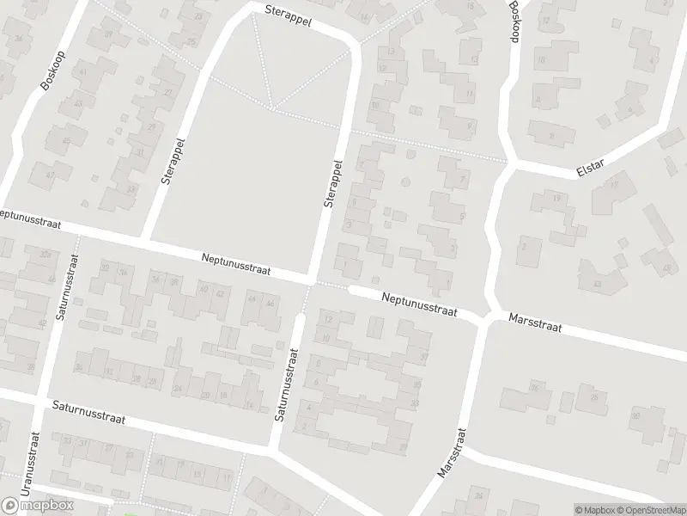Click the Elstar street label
coord(590,170)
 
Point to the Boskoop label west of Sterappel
coord(51,69)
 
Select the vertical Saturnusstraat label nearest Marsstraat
coord(286,384)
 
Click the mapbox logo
coord(38,505)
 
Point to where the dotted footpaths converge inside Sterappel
coord(273,108)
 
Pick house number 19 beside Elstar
coord(556,199)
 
